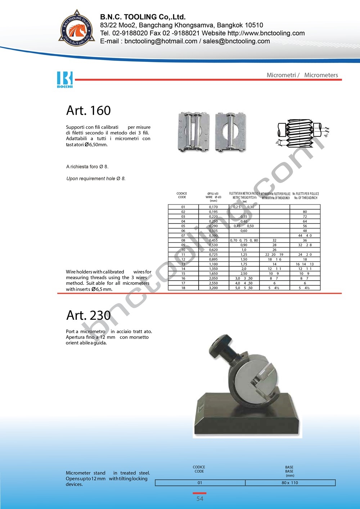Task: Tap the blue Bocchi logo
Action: click(x=65, y=79)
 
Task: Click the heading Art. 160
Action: click(x=88, y=110)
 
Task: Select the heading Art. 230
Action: click(x=88, y=315)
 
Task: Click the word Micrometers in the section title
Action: click(x=321, y=75)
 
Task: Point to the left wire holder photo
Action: click(x=194, y=132)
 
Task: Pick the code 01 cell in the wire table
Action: click(x=183, y=207)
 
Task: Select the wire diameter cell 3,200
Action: click(x=213, y=288)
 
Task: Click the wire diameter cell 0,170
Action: click(x=213, y=207)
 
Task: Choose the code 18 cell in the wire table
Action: click(x=183, y=288)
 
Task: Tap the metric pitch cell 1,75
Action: click(x=244, y=264)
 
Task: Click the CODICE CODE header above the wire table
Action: click(x=182, y=195)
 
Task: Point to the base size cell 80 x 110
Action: click(x=290, y=483)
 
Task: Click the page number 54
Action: click(x=200, y=499)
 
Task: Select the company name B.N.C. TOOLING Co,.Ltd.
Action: click(x=143, y=17)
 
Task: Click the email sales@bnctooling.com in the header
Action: click(x=236, y=41)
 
